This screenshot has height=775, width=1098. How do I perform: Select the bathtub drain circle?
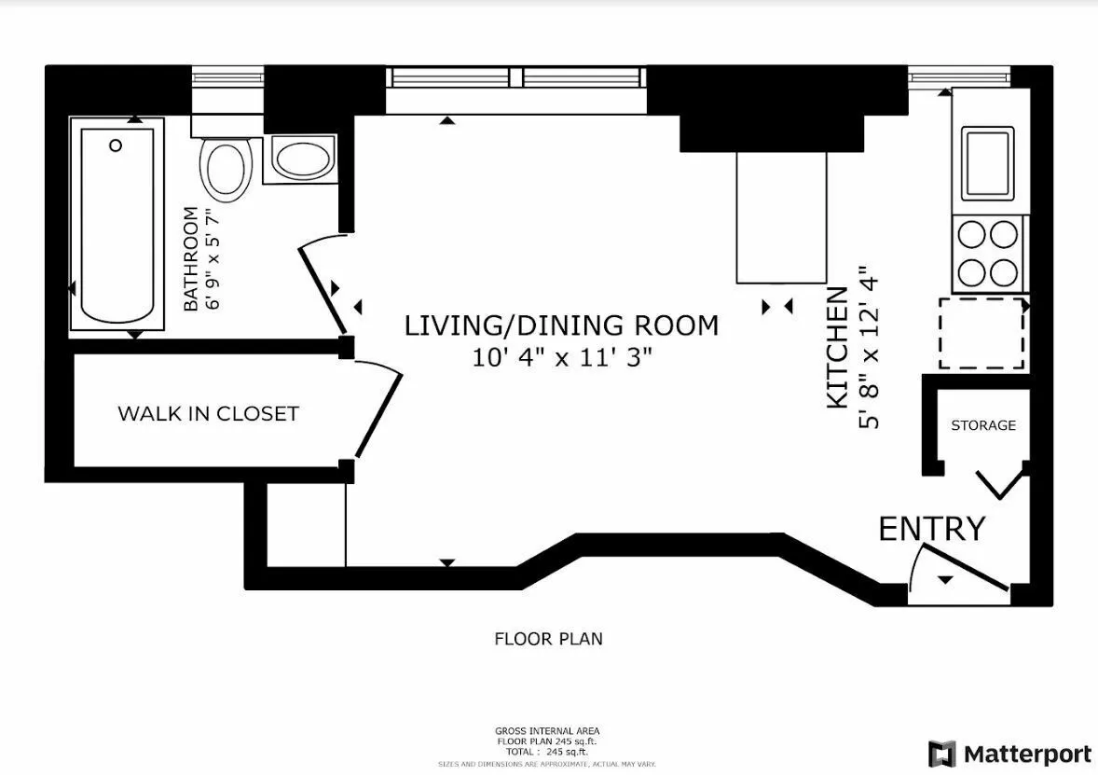pos(116,145)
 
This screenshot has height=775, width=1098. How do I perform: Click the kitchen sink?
pos(987,161)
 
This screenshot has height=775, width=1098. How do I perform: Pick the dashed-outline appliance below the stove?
pos(981,333)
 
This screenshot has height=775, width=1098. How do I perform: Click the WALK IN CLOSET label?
pos(208,413)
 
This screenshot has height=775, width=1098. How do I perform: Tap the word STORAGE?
pos(982,425)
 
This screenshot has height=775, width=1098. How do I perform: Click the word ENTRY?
pos(931,529)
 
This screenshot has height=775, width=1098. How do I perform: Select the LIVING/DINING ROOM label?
pos(561,325)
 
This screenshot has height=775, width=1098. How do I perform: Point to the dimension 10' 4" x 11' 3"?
pos(561,357)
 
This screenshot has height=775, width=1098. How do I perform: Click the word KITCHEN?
pos(838,348)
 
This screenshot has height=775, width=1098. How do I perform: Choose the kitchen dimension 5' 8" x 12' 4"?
pos(869,348)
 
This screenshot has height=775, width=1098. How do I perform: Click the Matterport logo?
pos(1010,754)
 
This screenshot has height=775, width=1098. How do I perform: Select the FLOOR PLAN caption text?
pos(548,639)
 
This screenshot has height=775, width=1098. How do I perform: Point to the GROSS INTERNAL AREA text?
pos(548,730)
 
